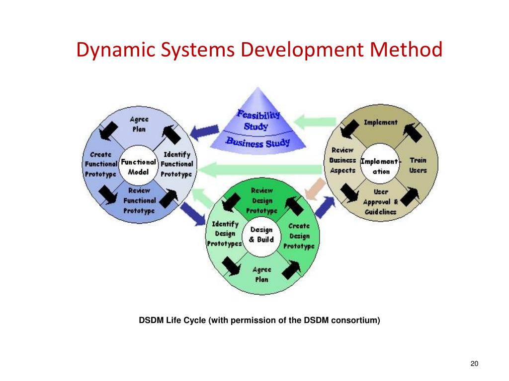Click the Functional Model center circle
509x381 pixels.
point(138,167)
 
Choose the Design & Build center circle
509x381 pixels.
point(261,235)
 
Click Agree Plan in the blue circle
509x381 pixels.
point(139,125)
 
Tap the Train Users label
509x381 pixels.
point(418,165)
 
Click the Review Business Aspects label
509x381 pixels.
point(342,160)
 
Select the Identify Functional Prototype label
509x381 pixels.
point(176,164)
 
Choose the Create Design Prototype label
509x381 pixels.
point(299,236)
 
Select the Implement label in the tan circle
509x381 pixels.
point(380,122)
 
